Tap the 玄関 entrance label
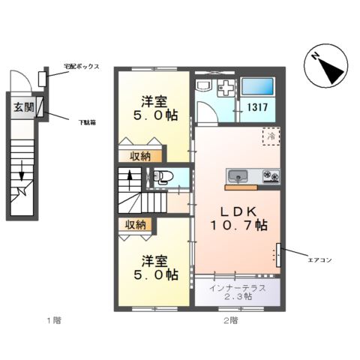pyautogui.click(x=22, y=107)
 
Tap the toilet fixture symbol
pyautogui.click(x=162, y=178)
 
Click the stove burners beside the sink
pyautogui.click(x=270, y=177)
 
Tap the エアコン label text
pyautogui.click(x=319, y=259)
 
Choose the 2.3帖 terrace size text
pyautogui.click(x=238, y=297)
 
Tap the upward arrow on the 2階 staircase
pyautogui.click(x=130, y=180)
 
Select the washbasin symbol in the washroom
pyautogui.click(x=224, y=89)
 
